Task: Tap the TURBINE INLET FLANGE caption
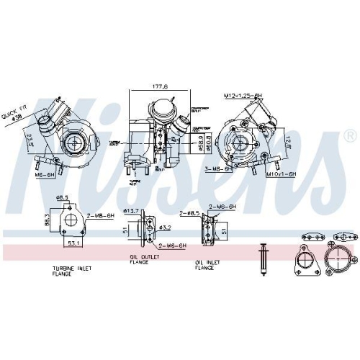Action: (72, 271)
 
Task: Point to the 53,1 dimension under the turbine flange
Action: (72, 243)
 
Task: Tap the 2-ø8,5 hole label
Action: (189, 213)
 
